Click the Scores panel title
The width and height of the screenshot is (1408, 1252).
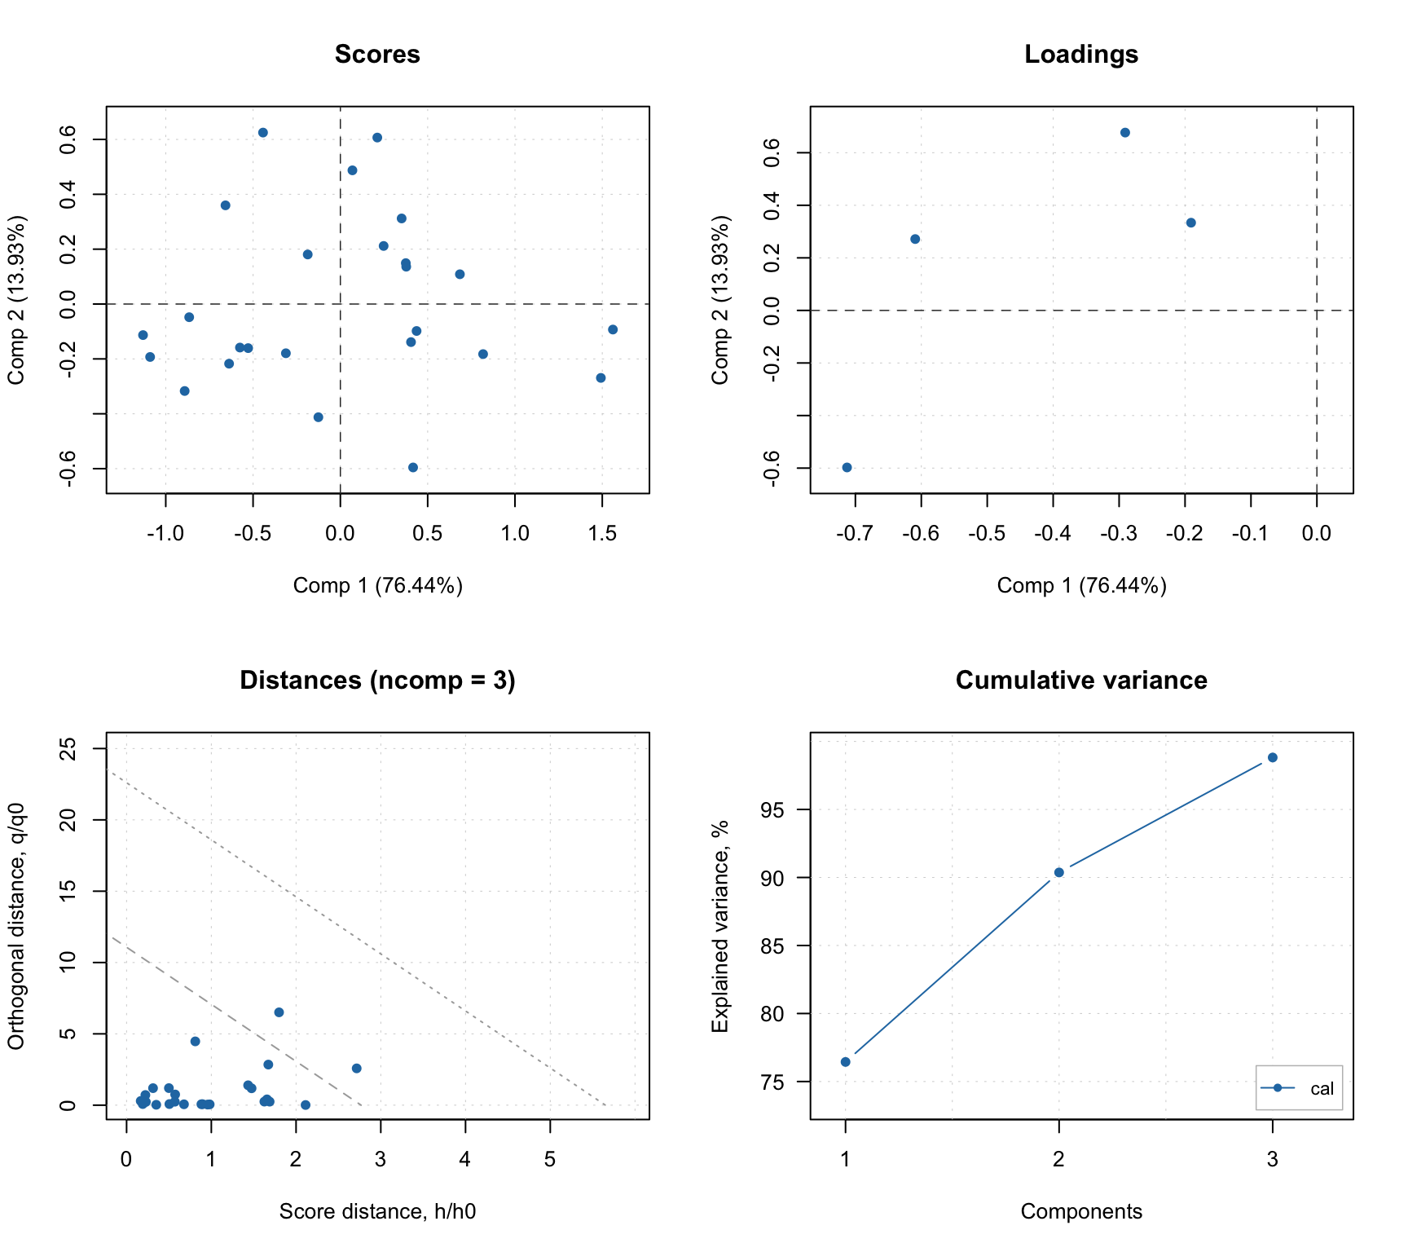(x=377, y=55)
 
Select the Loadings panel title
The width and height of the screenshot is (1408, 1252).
(x=1080, y=55)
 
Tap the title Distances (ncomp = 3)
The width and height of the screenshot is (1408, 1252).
(x=377, y=681)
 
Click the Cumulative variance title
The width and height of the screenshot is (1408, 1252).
(x=1080, y=681)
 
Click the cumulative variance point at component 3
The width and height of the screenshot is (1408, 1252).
(x=1272, y=757)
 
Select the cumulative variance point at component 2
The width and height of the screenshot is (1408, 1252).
(x=1058, y=872)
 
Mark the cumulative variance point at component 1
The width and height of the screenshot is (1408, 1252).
(x=845, y=1061)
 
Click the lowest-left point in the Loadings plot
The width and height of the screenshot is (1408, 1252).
(x=847, y=467)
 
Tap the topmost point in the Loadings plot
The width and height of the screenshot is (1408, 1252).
(x=1124, y=132)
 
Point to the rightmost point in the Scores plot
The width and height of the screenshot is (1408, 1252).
(x=613, y=329)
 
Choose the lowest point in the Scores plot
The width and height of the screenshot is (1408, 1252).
(x=412, y=467)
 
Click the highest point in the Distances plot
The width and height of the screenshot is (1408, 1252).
(x=279, y=1012)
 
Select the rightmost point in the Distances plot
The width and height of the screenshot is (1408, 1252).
(x=356, y=1068)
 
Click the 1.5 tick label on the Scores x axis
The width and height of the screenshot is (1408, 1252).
(x=602, y=534)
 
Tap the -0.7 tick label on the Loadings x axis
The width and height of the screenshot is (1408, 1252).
(x=854, y=534)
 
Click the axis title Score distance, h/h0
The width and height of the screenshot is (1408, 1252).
(x=377, y=1211)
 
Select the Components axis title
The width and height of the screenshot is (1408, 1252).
(x=1080, y=1211)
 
